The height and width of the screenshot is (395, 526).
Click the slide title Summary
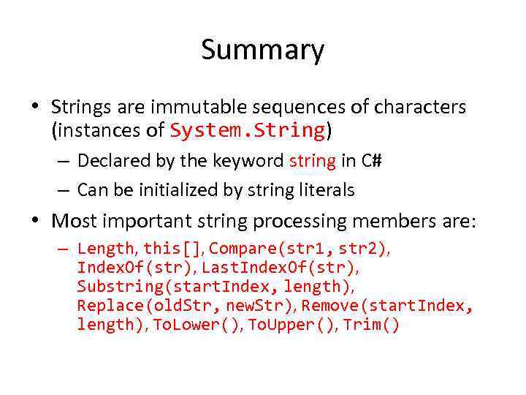[262, 50]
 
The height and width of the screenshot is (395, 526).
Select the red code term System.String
[247, 130]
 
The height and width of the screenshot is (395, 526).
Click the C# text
[370, 160]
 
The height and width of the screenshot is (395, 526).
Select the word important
[148, 220]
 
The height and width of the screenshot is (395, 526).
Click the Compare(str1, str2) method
[299, 249]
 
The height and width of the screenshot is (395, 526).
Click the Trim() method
[372, 325]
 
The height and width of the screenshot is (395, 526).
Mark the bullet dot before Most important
[35, 220]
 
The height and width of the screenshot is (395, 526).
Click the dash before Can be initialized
[64, 190]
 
